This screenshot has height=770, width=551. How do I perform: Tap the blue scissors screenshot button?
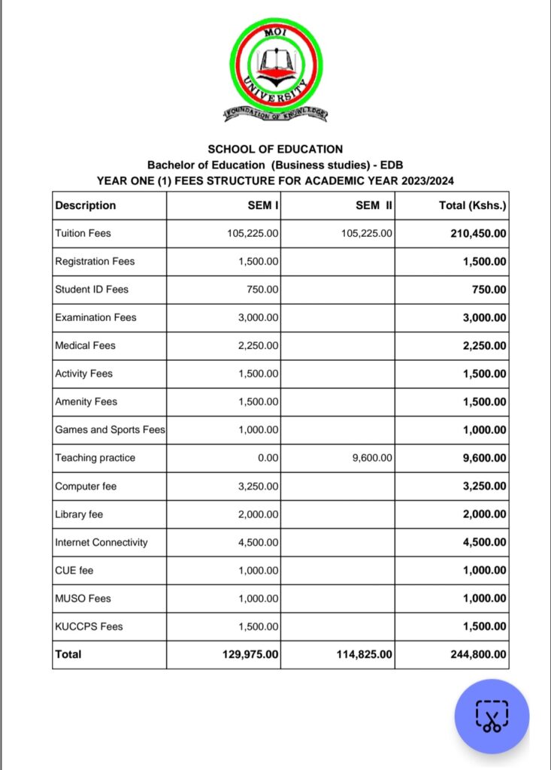492,716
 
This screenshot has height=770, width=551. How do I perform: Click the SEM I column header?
263,205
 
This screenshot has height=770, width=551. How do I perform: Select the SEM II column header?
374,205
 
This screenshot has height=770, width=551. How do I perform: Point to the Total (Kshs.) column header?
472,205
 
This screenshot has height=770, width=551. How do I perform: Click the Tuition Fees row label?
83,233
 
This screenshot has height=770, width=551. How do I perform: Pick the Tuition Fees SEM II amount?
366,233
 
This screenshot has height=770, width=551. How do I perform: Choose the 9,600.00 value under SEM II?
372,458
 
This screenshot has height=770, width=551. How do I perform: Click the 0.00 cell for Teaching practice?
268,458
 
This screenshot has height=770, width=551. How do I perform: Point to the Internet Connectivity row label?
101,542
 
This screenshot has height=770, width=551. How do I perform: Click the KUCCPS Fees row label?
89,626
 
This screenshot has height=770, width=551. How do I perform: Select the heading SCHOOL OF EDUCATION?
275,150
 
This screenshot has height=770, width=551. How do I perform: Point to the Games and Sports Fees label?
110,430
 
